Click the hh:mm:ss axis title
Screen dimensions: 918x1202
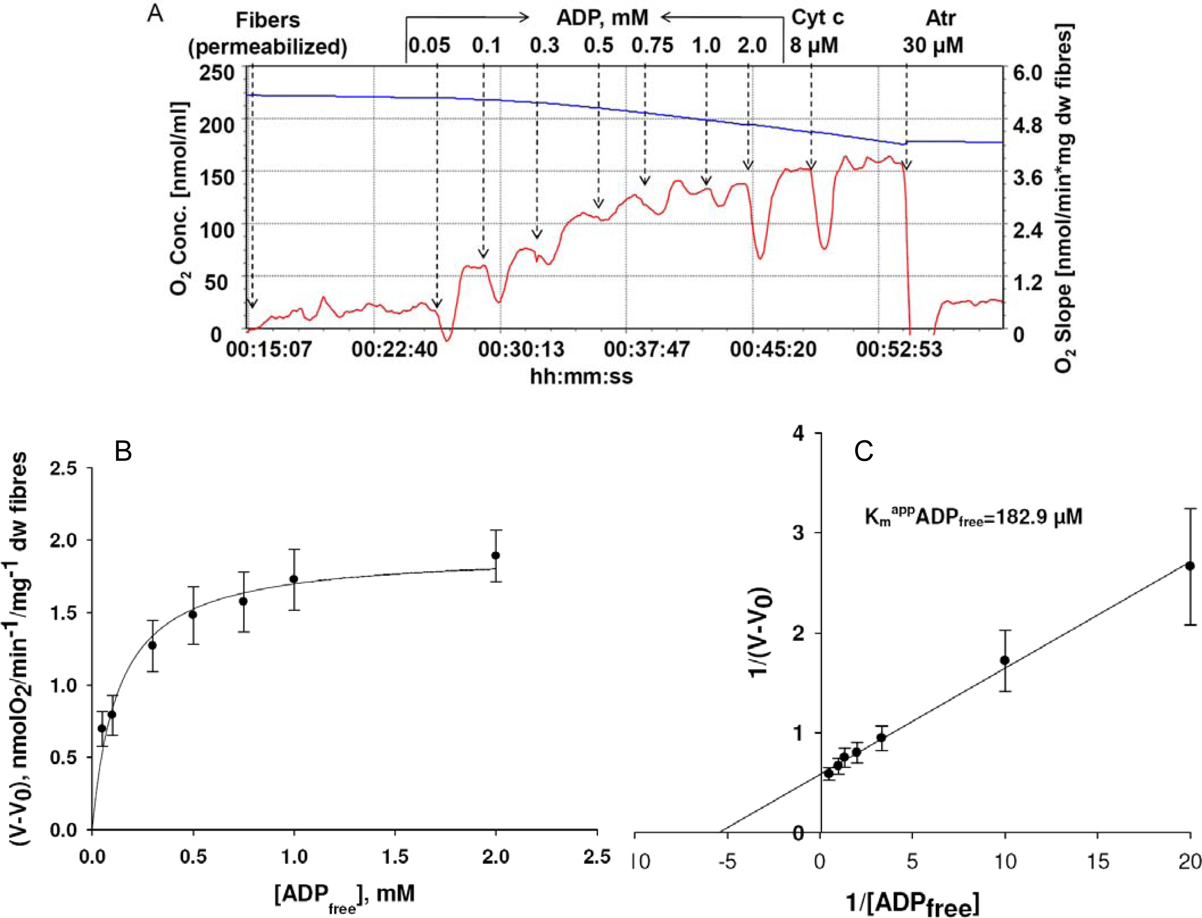pos(581,377)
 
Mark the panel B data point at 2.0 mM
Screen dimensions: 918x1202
pos(496,556)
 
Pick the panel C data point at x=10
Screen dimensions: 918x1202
pos(1005,660)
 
